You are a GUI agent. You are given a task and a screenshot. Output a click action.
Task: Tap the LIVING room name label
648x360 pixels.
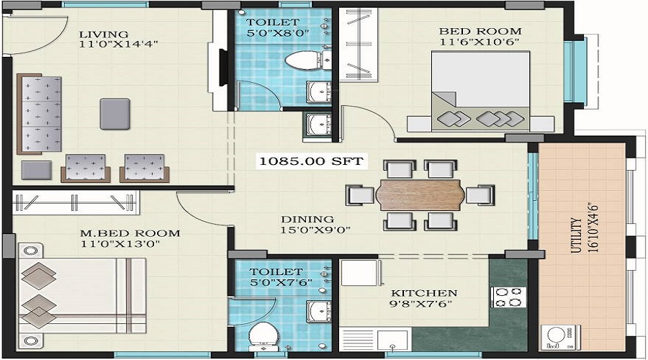(x=104, y=34)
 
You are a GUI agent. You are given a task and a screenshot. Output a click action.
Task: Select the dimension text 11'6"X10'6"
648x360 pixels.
(x=480, y=42)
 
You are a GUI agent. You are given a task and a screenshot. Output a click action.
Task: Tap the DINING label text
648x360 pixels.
(x=307, y=219)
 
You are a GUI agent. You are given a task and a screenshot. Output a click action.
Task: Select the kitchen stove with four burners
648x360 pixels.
(x=508, y=297)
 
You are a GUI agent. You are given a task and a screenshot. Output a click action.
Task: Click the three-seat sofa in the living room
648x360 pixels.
(x=40, y=113)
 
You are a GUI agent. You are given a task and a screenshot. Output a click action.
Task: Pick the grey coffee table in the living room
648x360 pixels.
(x=114, y=113)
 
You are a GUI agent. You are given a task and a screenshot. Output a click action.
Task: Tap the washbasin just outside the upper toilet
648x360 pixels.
(x=318, y=124)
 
